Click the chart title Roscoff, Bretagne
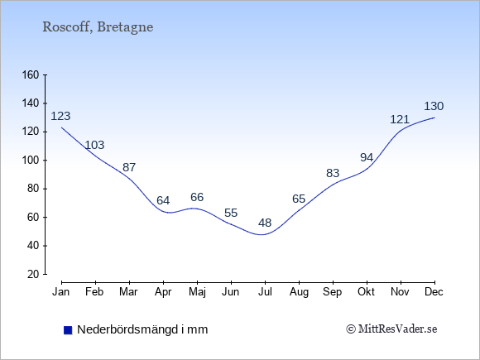(98, 27)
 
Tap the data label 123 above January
(60, 116)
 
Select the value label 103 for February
(94, 145)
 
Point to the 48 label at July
(265, 223)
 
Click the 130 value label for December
(434, 106)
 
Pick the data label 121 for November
(400, 119)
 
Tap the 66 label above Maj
(197, 197)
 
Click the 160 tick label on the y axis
(31, 75)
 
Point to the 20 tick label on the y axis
(34, 274)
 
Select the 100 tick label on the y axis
(31, 161)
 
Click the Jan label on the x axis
(61, 292)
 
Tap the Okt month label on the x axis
(366, 292)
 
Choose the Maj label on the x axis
(197, 292)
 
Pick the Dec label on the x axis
(434, 292)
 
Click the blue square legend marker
(68, 330)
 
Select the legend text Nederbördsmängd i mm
(142, 329)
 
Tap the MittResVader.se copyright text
(391, 329)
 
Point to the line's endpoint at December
(434, 118)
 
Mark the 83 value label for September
(333, 173)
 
